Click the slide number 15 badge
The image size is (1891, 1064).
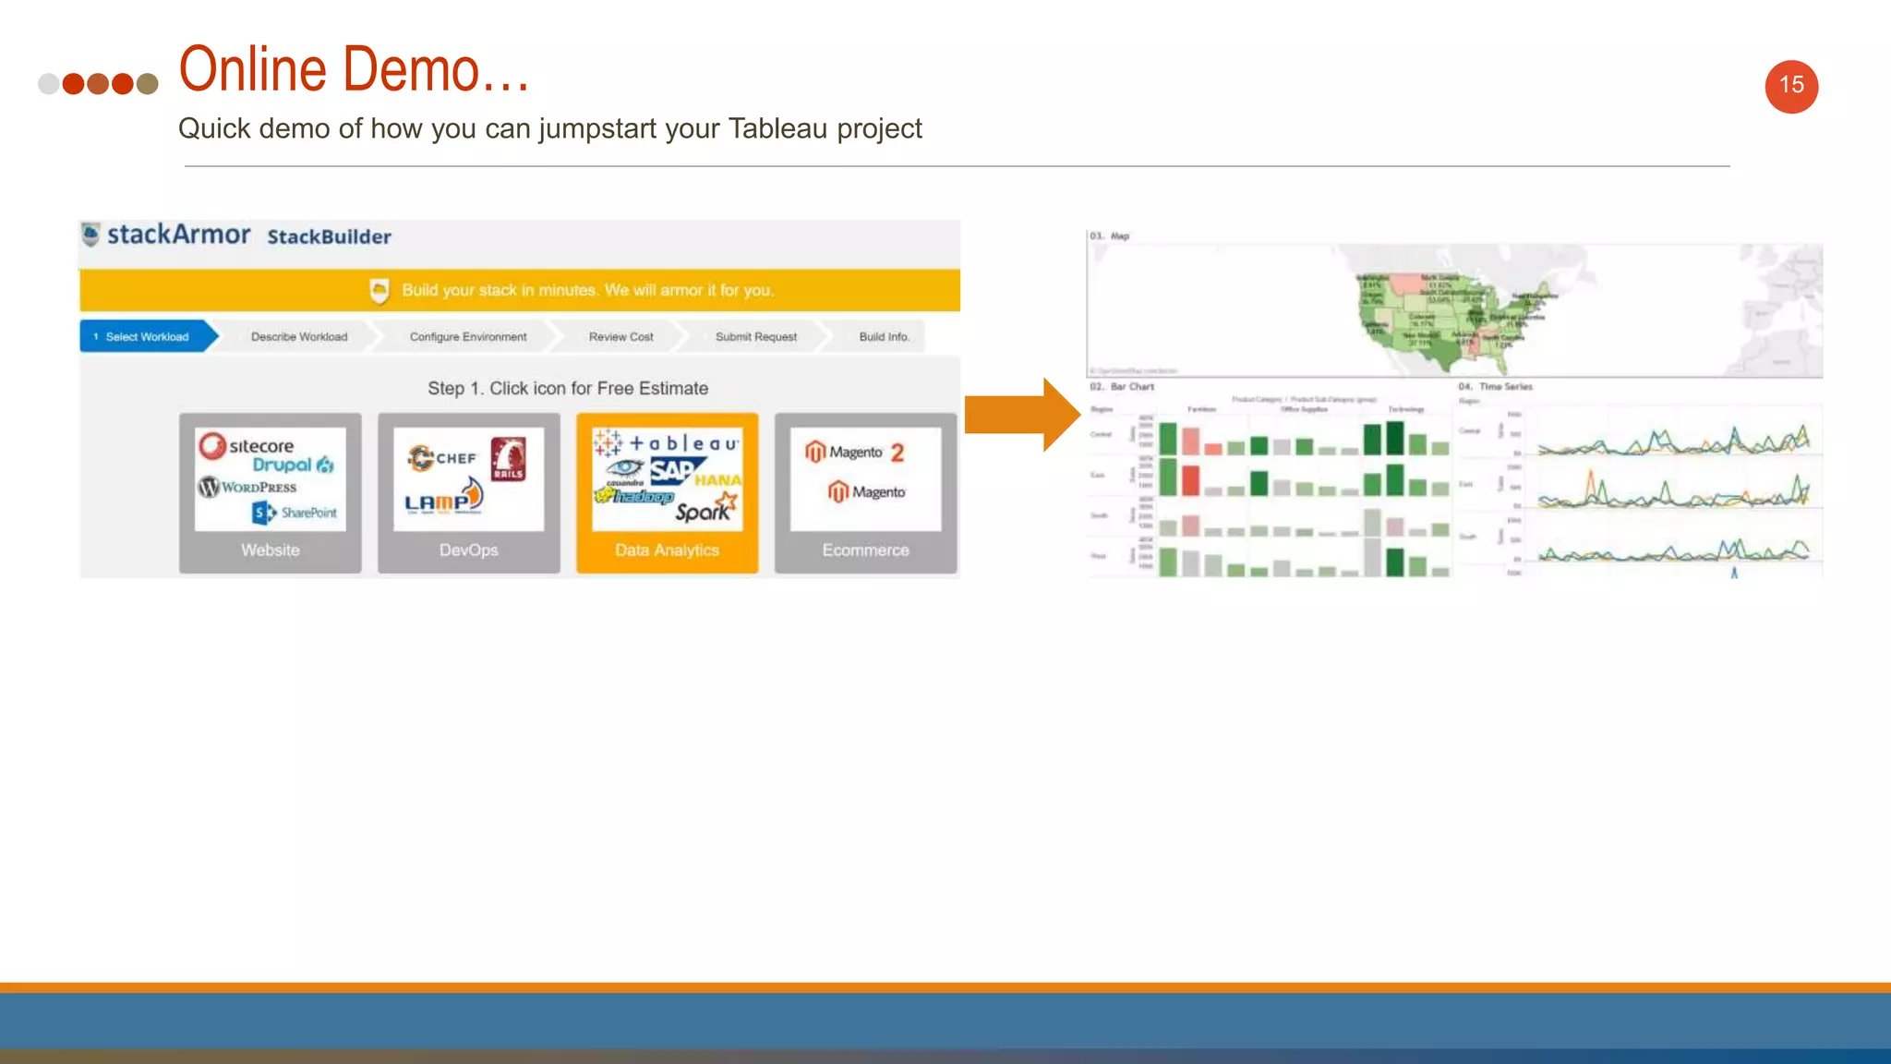click(x=1791, y=86)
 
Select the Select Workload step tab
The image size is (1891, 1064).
click(x=146, y=337)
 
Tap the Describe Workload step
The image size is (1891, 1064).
click(x=299, y=337)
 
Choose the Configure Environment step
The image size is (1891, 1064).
click(x=468, y=337)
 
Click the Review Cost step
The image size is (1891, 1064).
click(x=620, y=337)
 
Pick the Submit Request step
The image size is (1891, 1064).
click(x=755, y=337)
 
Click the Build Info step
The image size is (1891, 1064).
click(x=884, y=337)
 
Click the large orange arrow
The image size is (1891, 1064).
click(x=1021, y=415)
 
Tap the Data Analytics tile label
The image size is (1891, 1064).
click(x=667, y=550)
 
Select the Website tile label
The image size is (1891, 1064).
click(x=271, y=550)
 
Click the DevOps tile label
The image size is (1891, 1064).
click(x=468, y=550)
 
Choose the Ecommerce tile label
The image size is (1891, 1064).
click(x=865, y=550)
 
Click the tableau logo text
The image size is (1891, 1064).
click(x=683, y=444)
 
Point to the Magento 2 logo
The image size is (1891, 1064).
click(x=854, y=453)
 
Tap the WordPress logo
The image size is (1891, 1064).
click(x=247, y=487)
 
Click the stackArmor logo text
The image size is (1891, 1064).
click(x=178, y=235)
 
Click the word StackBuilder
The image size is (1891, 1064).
click(x=329, y=237)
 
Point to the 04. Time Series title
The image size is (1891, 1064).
click(x=1496, y=387)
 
